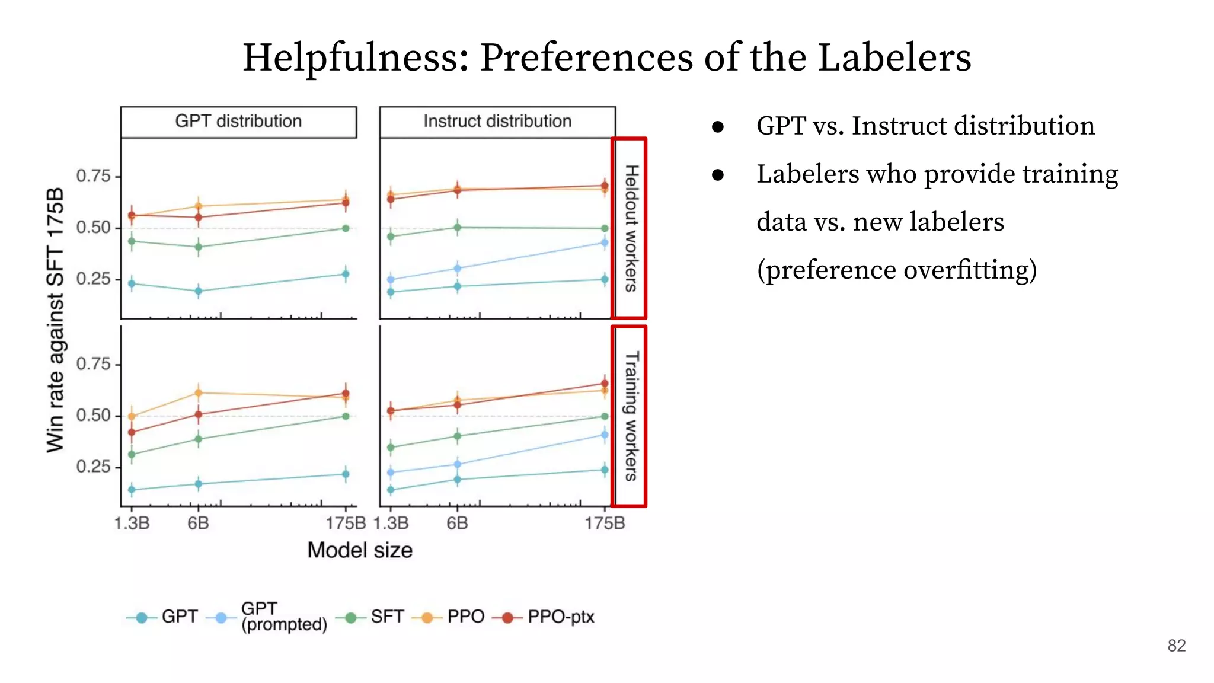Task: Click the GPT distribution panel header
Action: coord(238,122)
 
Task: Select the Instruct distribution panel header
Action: coord(497,122)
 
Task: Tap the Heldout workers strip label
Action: coord(631,228)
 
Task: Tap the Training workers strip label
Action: coord(631,416)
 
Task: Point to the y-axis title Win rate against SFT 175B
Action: coord(55,320)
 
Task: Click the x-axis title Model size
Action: coord(360,550)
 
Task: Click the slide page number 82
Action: coord(1176,646)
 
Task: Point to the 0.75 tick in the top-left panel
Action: coord(94,176)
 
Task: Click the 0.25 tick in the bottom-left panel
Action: coord(94,467)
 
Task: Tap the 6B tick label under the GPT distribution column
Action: coord(198,524)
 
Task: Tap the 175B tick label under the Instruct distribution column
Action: coord(605,524)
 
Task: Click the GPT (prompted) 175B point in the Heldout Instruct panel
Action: coord(605,242)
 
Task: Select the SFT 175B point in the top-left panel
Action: coord(346,228)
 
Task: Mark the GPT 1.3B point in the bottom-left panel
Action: coord(132,490)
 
